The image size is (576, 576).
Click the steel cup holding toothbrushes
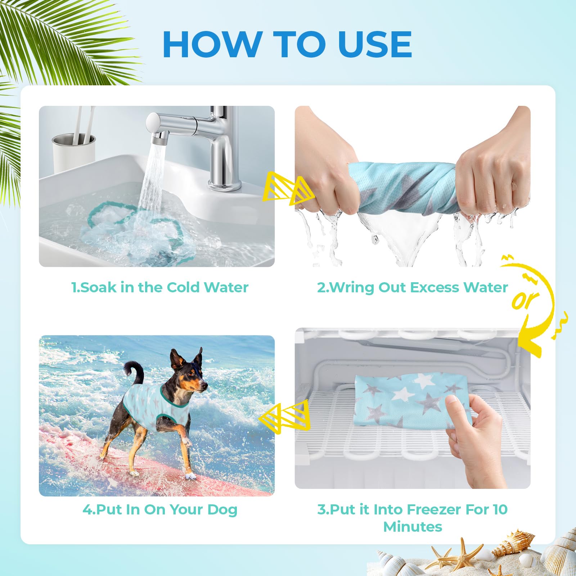[x=74, y=151]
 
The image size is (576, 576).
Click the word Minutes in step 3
[x=413, y=527]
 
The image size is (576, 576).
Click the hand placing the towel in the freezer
[x=475, y=439]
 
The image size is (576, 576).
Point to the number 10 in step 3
[x=500, y=509]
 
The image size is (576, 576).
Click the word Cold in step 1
[x=183, y=287]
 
